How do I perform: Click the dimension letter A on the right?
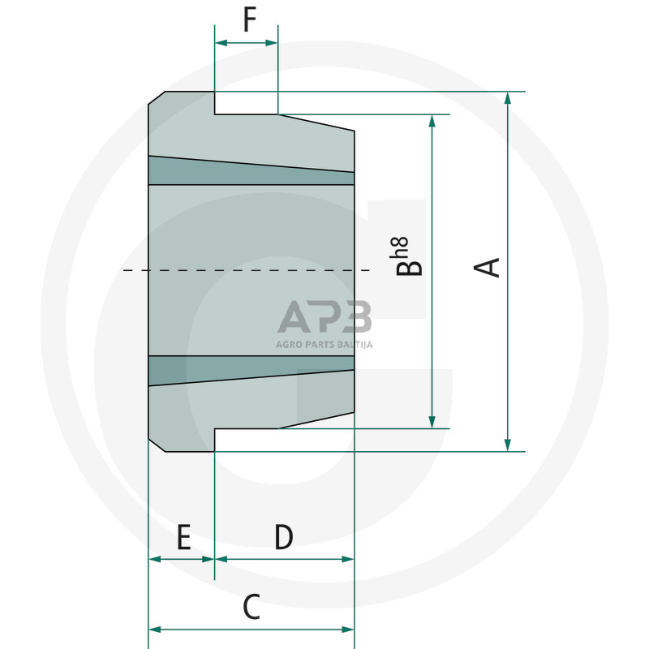(492, 268)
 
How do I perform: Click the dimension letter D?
(282, 537)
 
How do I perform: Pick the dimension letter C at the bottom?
(251, 607)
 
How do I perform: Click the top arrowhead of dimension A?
(508, 98)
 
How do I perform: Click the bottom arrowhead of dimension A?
(508, 445)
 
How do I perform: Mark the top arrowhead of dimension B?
(432, 121)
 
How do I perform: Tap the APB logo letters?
(324, 317)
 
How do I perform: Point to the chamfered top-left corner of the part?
(157, 98)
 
